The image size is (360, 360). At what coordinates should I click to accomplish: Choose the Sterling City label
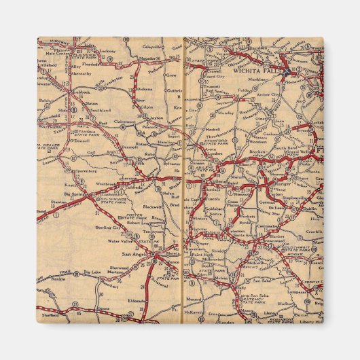point(108,227)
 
